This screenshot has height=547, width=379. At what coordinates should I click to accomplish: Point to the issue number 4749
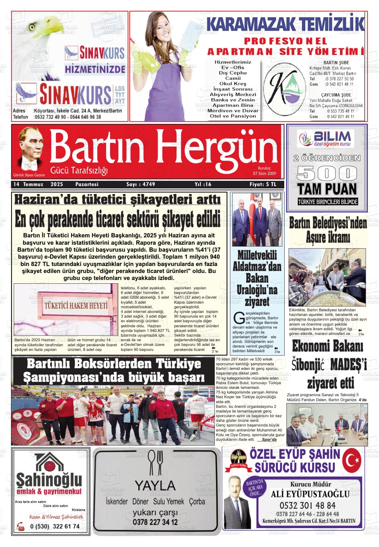[x=141, y=184]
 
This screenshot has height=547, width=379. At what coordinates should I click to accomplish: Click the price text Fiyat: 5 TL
[x=263, y=184]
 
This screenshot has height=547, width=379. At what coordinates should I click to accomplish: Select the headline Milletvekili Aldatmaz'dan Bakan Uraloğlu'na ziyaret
[x=257, y=279]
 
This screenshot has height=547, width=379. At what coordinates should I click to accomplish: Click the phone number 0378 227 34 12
[x=155, y=522]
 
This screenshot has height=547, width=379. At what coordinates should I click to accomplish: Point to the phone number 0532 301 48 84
[x=308, y=505]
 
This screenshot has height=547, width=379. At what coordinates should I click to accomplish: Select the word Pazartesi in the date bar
[x=87, y=184]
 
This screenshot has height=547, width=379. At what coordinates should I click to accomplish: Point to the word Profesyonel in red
[x=281, y=41]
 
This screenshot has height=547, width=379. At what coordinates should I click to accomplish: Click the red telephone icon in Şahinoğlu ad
[x=21, y=527]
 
